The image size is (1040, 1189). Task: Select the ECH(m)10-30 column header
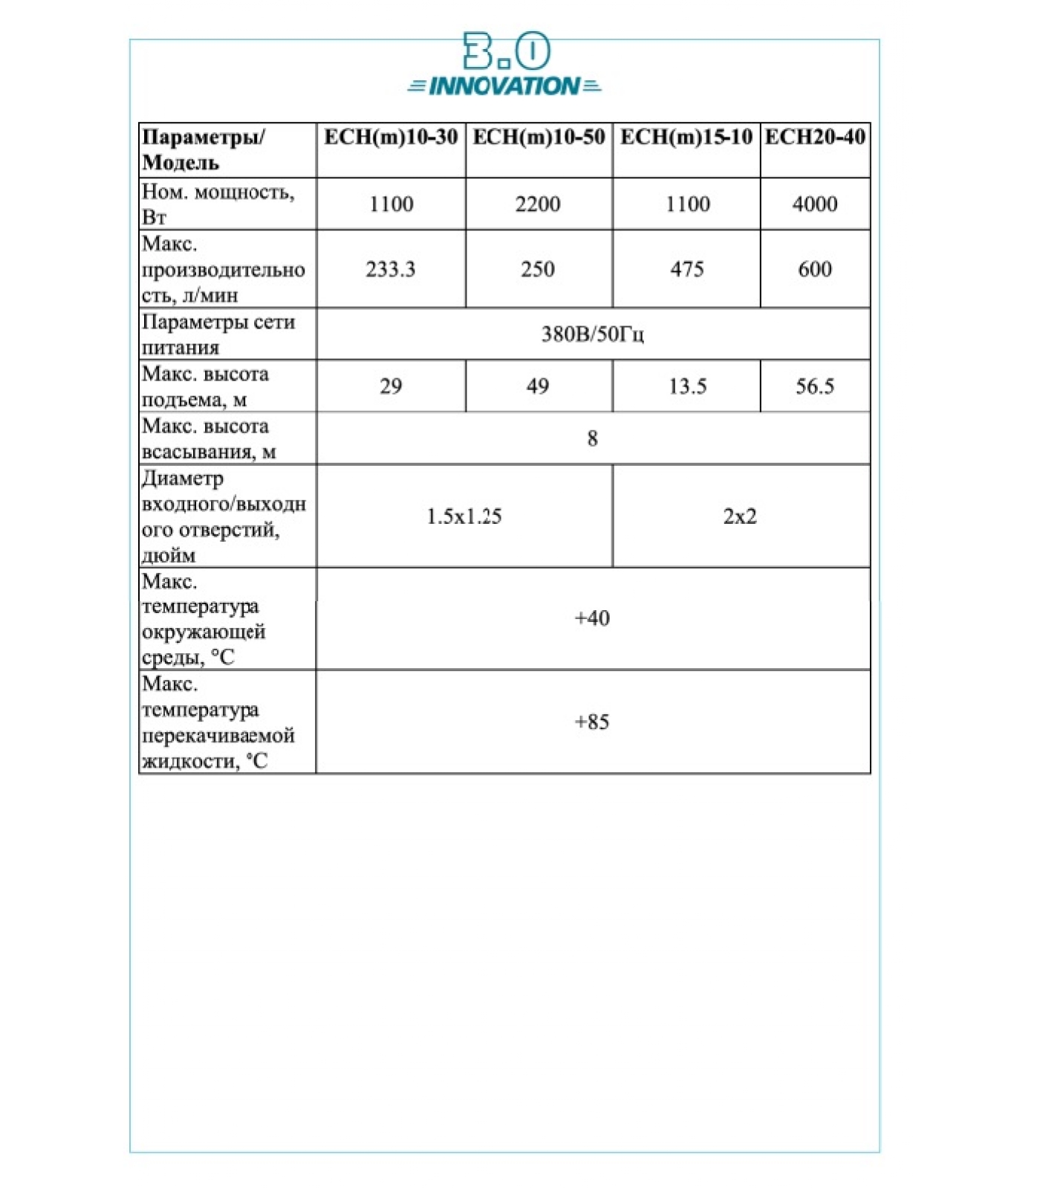tap(391, 137)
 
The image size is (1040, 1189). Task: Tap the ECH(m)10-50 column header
tap(539, 137)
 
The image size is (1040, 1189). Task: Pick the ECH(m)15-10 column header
tap(686, 137)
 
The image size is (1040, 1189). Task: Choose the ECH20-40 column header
tap(815, 137)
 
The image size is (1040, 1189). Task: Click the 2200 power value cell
tap(538, 204)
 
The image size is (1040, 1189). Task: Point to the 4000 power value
tap(815, 204)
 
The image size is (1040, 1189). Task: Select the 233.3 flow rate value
tap(390, 269)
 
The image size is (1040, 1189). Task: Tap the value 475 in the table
tap(686, 269)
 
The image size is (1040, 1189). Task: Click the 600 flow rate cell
tap(815, 269)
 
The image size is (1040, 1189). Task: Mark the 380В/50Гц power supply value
tap(592, 334)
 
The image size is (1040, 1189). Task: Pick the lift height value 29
tap(391, 386)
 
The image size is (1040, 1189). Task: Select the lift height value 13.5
tap(687, 386)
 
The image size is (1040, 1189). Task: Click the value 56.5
tap(815, 386)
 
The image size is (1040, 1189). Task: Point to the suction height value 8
tap(592, 438)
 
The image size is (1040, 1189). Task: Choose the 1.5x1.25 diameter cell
tap(464, 516)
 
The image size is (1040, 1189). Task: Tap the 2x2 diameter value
tap(740, 516)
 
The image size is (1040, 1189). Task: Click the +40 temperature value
tap(592, 618)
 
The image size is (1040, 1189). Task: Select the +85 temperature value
tap(592, 722)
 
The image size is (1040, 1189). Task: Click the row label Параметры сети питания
tap(218, 334)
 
